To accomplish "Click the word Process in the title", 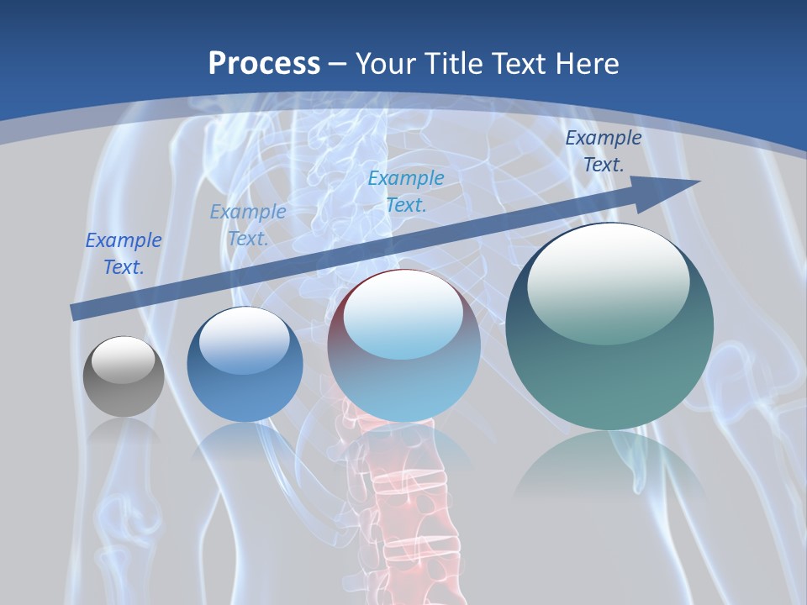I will (264, 64).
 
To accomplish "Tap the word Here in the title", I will (588, 64).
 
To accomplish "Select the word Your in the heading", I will (386, 64).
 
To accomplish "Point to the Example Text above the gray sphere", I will (124, 254).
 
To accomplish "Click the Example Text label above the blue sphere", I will (248, 225).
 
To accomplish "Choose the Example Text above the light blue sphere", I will (406, 191).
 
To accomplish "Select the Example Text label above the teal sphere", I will (604, 151).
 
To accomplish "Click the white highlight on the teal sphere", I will (609, 281).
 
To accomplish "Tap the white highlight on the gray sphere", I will (124, 360).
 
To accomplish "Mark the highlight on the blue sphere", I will (244, 339).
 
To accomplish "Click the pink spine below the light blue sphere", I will (405, 504).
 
